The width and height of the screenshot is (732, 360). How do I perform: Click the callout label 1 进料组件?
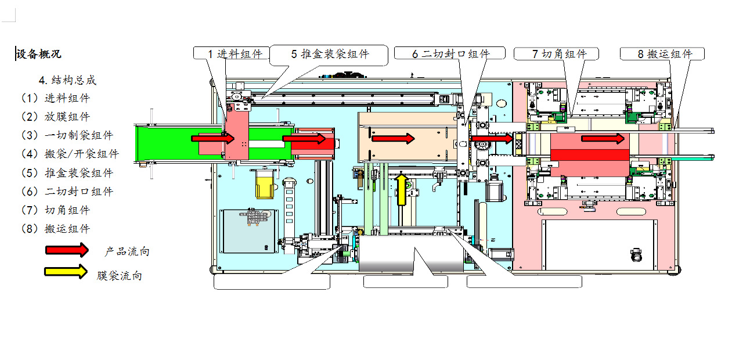click(231, 53)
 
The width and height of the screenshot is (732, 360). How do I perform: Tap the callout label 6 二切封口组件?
click(450, 53)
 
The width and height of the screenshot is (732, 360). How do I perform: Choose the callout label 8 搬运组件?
click(662, 54)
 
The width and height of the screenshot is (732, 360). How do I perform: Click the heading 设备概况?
click(39, 55)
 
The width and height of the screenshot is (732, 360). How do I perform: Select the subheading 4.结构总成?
click(67, 80)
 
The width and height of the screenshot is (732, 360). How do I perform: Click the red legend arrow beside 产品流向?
click(67, 250)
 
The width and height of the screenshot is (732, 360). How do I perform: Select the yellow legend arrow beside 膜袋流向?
click(66, 271)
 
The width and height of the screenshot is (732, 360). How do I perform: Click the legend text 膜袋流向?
click(119, 276)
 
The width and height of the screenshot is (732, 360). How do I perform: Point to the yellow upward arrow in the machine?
click(401, 189)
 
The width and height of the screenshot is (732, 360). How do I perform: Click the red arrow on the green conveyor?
click(213, 138)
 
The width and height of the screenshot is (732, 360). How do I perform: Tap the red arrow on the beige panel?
click(393, 138)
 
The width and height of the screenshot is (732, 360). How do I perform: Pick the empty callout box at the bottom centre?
click(405, 282)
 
